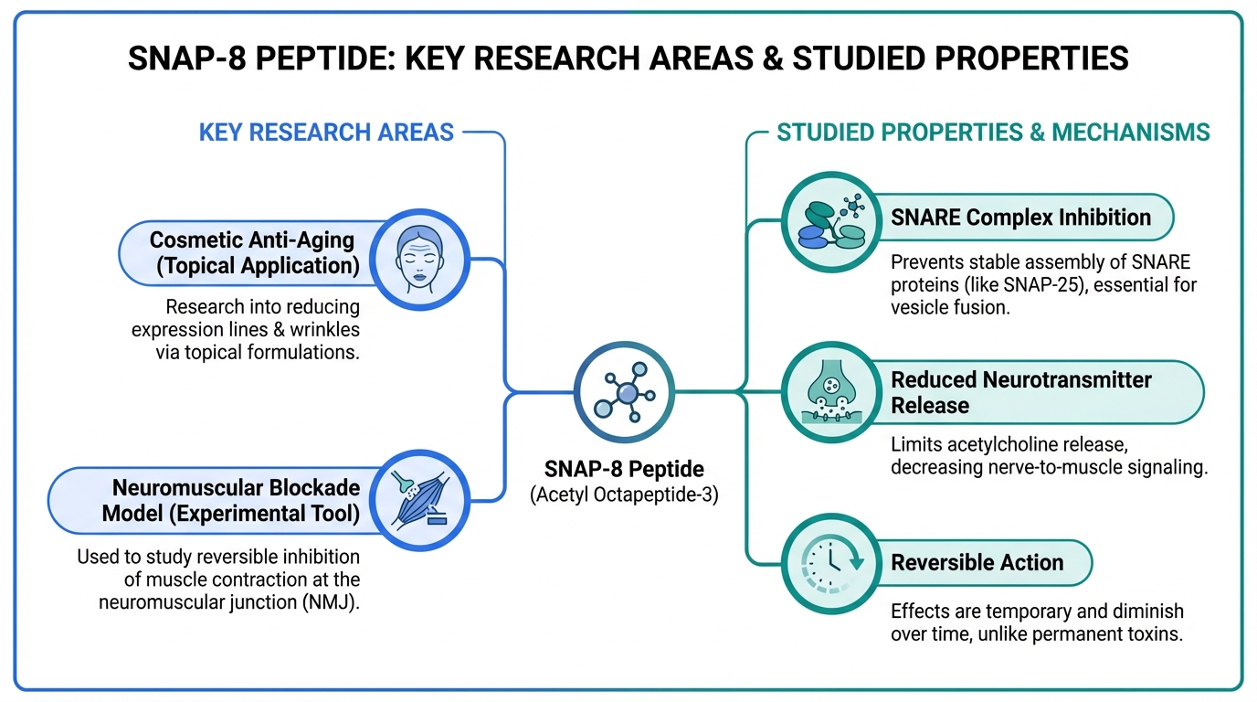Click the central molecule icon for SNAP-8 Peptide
pyautogui.click(x=625, y=392)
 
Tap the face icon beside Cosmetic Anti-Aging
pyautogui.click(x=419, y=260)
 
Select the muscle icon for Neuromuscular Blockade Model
pyautogui.click(x=419, y=500)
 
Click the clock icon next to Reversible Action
pyautogui.click(x=831, y=563)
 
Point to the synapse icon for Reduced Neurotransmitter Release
pyautogui.click(x=831, y=392)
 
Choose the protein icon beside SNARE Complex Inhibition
pyautogui.click(x=831, y=222)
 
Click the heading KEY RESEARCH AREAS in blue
pyautogui.click(x=326, y=133)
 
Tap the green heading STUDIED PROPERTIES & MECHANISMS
pyautogui.click(x=993, y=133)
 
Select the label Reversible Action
pyautogui.click(x=977, y=562)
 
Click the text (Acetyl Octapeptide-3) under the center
pyautogui.click(x=624, y=495)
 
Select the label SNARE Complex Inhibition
pyautogui.click(x=1020, y=218)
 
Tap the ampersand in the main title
pyautogui.click(x=773, y=58)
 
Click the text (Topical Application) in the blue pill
pyautogui.click(x=258, y=266)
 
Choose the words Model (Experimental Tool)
pyautogui.click(x=230, y=514)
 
